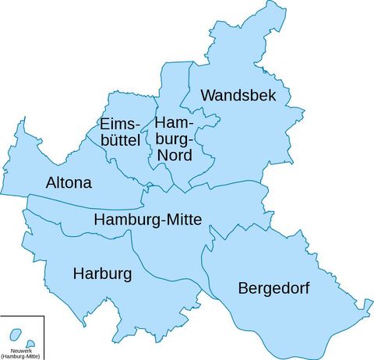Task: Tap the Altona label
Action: pos(69,183)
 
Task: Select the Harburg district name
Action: pos(102,274)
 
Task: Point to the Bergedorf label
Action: pos(273,288)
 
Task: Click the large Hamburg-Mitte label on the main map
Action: pos(147,220)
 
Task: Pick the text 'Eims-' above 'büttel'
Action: pos(118,125)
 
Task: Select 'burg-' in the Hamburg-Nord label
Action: pos(174,139)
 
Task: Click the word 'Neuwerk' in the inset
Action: pos(21,351)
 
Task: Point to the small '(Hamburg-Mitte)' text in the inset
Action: pos(21,356)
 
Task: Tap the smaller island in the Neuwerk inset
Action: pos(30,344)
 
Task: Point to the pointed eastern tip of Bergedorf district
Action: pos(367,315)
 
